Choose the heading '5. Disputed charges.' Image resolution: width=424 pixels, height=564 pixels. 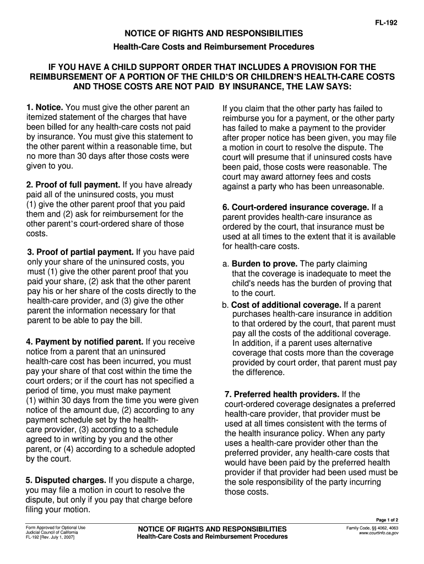pos(66,480)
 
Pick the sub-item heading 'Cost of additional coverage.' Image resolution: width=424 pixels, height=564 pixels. pos(286,305)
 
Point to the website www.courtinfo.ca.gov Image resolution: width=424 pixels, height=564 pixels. pos(378,533)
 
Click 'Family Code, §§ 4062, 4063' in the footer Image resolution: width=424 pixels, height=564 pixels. pos(372,528)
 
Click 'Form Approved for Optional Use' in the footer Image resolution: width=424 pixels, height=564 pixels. pos(52,528)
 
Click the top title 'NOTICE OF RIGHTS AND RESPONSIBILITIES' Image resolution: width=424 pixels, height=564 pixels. pos(212,34)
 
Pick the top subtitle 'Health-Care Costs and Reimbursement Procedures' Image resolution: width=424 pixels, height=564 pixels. pos(212,47)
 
